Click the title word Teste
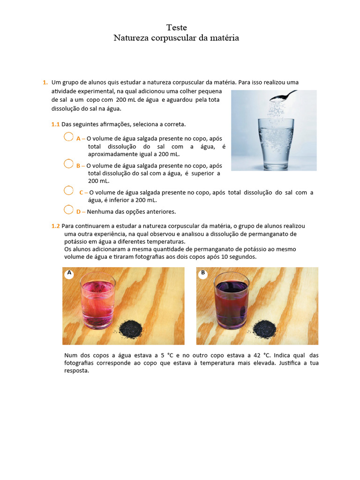[176, 28]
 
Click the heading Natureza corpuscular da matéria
[176, 38]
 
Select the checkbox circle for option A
[68, 137]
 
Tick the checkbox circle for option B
[68, 164]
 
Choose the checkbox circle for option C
[68, 190]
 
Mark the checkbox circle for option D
[68, 210]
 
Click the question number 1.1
[56, 124]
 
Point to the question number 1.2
[56, 226]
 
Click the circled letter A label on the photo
[69, 273]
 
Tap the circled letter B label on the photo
[203, 273]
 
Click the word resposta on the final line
[76, 370]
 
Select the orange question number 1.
[45, 82]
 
